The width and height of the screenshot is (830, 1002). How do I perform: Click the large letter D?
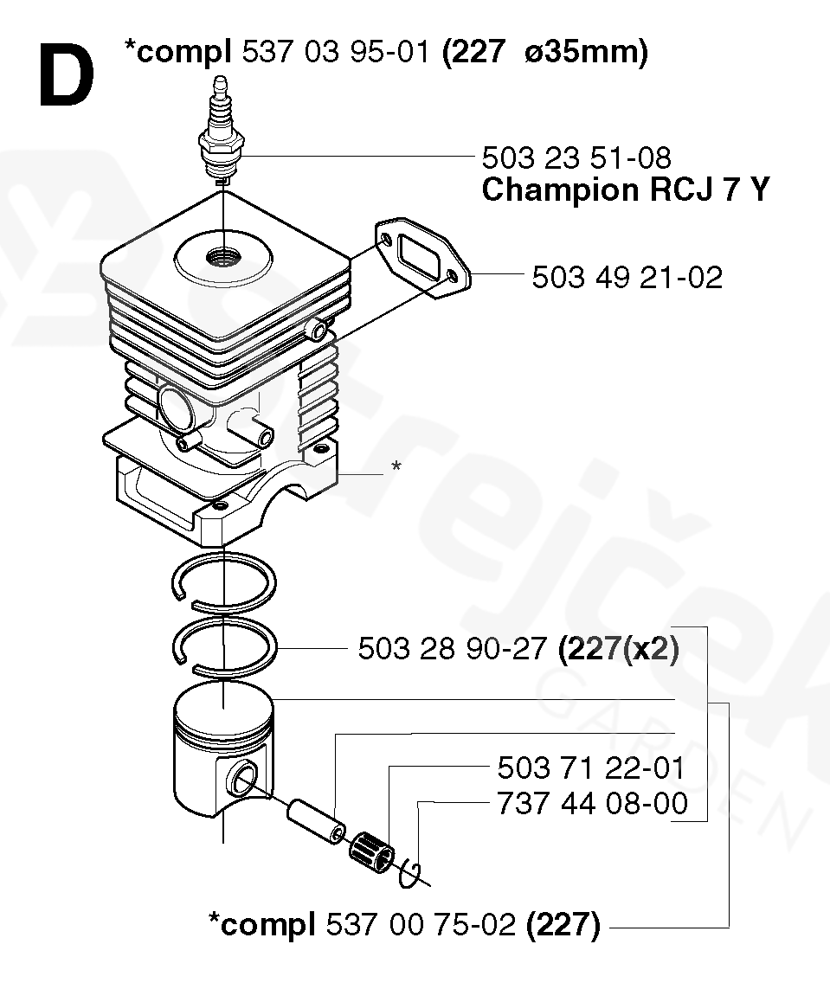coord(66,76)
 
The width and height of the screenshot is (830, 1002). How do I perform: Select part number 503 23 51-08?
coord(576,157)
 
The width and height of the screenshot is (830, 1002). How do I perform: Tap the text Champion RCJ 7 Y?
coord(624,190)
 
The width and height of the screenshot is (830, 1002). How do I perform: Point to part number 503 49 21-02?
coord(627,277)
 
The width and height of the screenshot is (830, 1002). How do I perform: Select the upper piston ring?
coord(222,576)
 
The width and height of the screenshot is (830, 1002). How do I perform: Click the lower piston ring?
coord(223,647)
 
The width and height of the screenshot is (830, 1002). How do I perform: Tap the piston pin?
coord(316,818)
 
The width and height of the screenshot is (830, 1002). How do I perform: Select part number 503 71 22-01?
coord(591,768)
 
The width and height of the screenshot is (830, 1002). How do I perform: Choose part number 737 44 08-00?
coord(593,803)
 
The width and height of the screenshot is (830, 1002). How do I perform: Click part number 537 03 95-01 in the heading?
coord(335,53)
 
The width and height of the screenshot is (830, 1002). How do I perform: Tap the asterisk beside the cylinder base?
coord(396,467)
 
